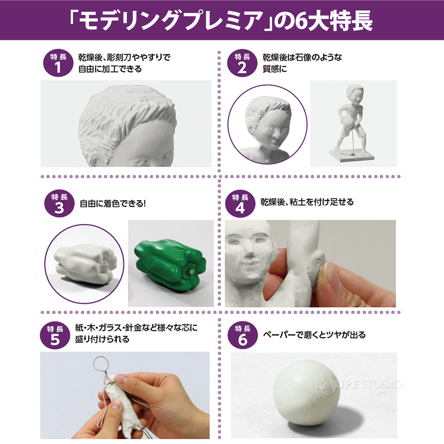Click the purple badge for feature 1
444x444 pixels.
click(x=58, y=64)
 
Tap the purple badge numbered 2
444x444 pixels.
click(x=242, y=64)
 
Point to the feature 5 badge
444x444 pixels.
click(x=55, y=335)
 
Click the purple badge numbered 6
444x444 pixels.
click(x=243, y=335)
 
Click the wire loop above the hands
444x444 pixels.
click(x=101, y=363)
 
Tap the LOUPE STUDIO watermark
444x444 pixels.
click(x=359, y=385)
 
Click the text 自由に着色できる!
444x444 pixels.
click(x=113, y=204)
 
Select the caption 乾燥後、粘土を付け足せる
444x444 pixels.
click(x=307, y=202)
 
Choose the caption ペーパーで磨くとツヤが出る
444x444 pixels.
click(x=314, y=335)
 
